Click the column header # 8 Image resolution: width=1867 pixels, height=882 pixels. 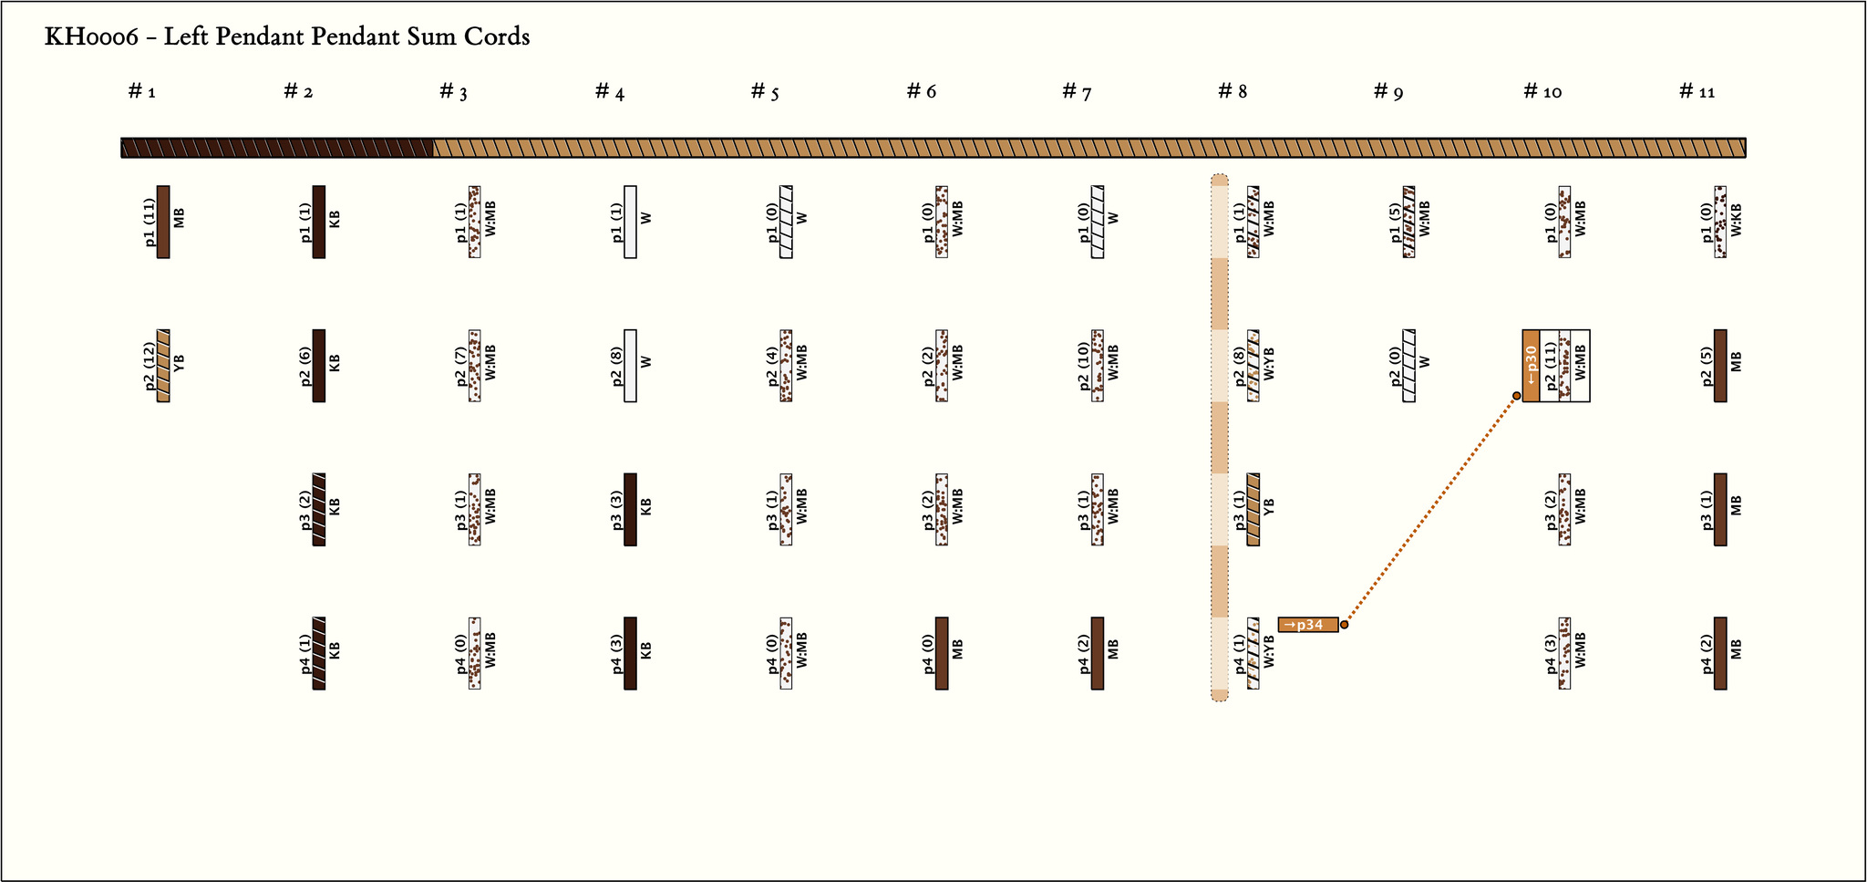pyautogui.click(x=1233, y=91)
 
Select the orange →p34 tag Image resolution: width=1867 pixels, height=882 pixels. pyautogui.click(x=1308, y=625)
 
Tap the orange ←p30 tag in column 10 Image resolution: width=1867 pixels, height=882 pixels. pyautogui.click(x=1531, y=366)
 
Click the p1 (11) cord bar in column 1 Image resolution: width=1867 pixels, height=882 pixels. pyautogui.click(x=163, y=223)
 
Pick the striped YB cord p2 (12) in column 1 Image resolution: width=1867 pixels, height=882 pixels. pyautogui.click(x=163, y=366)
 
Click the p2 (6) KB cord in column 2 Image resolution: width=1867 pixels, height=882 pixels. pyautogui.click(x=319, y=366)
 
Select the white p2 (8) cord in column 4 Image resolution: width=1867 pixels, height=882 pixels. pyautogui.click(x=630, y=366)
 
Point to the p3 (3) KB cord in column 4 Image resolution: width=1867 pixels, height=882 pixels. pyautogui.click(x=630, y=509)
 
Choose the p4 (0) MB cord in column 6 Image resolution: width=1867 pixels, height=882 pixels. pyautogui.click(x=942, y=653)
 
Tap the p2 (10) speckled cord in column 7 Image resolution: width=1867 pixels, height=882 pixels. pyautogui.click(x=1098, y=366)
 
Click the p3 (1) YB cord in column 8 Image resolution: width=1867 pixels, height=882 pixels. pyautogui.click(x=1253, y=509)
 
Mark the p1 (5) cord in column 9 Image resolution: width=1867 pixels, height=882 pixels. pyautogui.click(x=1409, y=223)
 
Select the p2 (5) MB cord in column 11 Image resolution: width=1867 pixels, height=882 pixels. pyautogui.click(x=1720, y=366)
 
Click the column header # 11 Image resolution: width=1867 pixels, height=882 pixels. pyautogui.click(x=1697, y=91)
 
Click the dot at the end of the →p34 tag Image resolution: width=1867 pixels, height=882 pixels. pyautogui.click(x=1344, y=625)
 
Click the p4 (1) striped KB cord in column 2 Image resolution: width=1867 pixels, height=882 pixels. pyautogui.click(x=319, y=653)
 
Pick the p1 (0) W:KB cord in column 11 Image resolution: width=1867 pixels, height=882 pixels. pyautogui.click(x=1720, y=223)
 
